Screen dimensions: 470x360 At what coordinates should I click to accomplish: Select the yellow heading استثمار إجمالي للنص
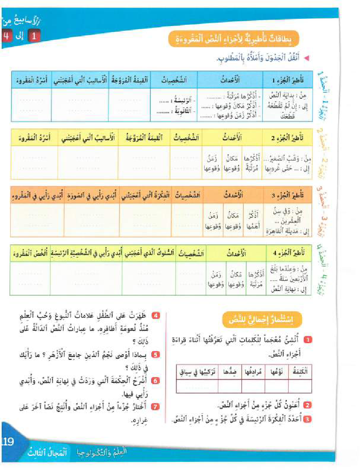click(262, 319)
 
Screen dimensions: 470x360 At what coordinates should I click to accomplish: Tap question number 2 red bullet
click(307, 405)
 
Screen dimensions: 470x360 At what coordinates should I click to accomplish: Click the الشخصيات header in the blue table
click(173, 79)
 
